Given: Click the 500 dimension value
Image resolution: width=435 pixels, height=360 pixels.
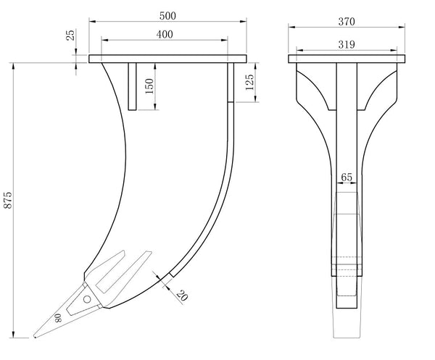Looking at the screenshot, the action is tap(167, 16).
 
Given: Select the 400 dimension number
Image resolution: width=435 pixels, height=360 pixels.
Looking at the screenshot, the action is tap(165, 34).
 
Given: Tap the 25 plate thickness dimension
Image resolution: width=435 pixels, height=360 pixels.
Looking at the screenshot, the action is tap(71, 35).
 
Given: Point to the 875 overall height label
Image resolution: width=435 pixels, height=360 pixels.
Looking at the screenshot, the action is tap(8, 200).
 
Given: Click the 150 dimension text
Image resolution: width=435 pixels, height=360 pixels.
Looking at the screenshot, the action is tap(149, 86).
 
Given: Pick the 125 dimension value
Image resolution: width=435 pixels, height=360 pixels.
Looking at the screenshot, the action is tap(249, 82).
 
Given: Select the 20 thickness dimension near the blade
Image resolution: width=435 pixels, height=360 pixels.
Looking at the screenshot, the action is tap(182, 296).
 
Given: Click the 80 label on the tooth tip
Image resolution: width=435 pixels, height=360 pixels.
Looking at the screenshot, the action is tap(58, 318).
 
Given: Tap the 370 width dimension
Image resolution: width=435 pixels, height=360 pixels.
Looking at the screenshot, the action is tap(347, 22).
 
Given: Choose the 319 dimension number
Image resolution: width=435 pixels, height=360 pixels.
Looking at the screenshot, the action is tap(347, 44).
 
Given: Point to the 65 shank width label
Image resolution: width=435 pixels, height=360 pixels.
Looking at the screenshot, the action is tap(347, 177).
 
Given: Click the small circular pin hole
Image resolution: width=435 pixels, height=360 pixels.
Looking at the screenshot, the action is tap(87, 299).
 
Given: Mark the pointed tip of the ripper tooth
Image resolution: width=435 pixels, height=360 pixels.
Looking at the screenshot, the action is tap(34, 337).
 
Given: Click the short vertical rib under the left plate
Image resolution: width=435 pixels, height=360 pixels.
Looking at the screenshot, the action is tap(133, 86).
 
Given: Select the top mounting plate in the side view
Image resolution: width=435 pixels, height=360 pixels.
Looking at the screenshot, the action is tap(167, 59).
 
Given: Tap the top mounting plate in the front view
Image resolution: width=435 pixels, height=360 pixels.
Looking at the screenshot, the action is tap(347, 59).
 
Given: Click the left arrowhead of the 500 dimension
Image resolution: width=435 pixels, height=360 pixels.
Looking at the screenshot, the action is tap(92, 21).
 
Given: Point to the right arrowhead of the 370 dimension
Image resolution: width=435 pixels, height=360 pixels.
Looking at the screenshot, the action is tap(402, 27).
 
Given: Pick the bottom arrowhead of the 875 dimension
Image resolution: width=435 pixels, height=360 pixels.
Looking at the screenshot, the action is tap(13, 335).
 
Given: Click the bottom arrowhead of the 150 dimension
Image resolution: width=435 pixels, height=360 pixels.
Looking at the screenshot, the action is tap(155, 107).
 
